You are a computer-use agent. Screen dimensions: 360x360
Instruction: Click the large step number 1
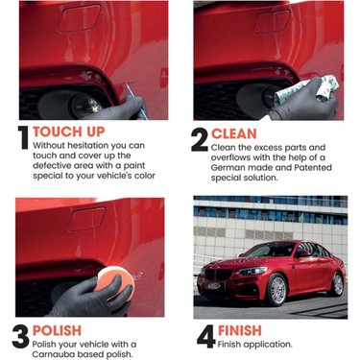pos(23,137)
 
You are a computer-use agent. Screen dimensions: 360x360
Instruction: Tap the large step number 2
pos(200,140)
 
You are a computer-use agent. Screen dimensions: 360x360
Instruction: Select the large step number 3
pos(21,337)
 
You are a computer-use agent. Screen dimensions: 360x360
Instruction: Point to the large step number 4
pos(206,336)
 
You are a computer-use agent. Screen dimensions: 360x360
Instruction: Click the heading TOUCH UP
pos(69,132)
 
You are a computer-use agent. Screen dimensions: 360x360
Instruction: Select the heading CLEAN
pos(234,133)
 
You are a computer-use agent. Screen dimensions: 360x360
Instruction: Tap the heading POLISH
pos(57,330)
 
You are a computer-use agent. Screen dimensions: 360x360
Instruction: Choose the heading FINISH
pos(240,330)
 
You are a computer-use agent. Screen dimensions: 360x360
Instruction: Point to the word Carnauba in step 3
pos(54,354)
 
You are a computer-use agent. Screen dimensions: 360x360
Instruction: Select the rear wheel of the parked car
pos(336,284)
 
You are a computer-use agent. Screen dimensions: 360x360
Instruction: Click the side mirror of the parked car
pos(303,253)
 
